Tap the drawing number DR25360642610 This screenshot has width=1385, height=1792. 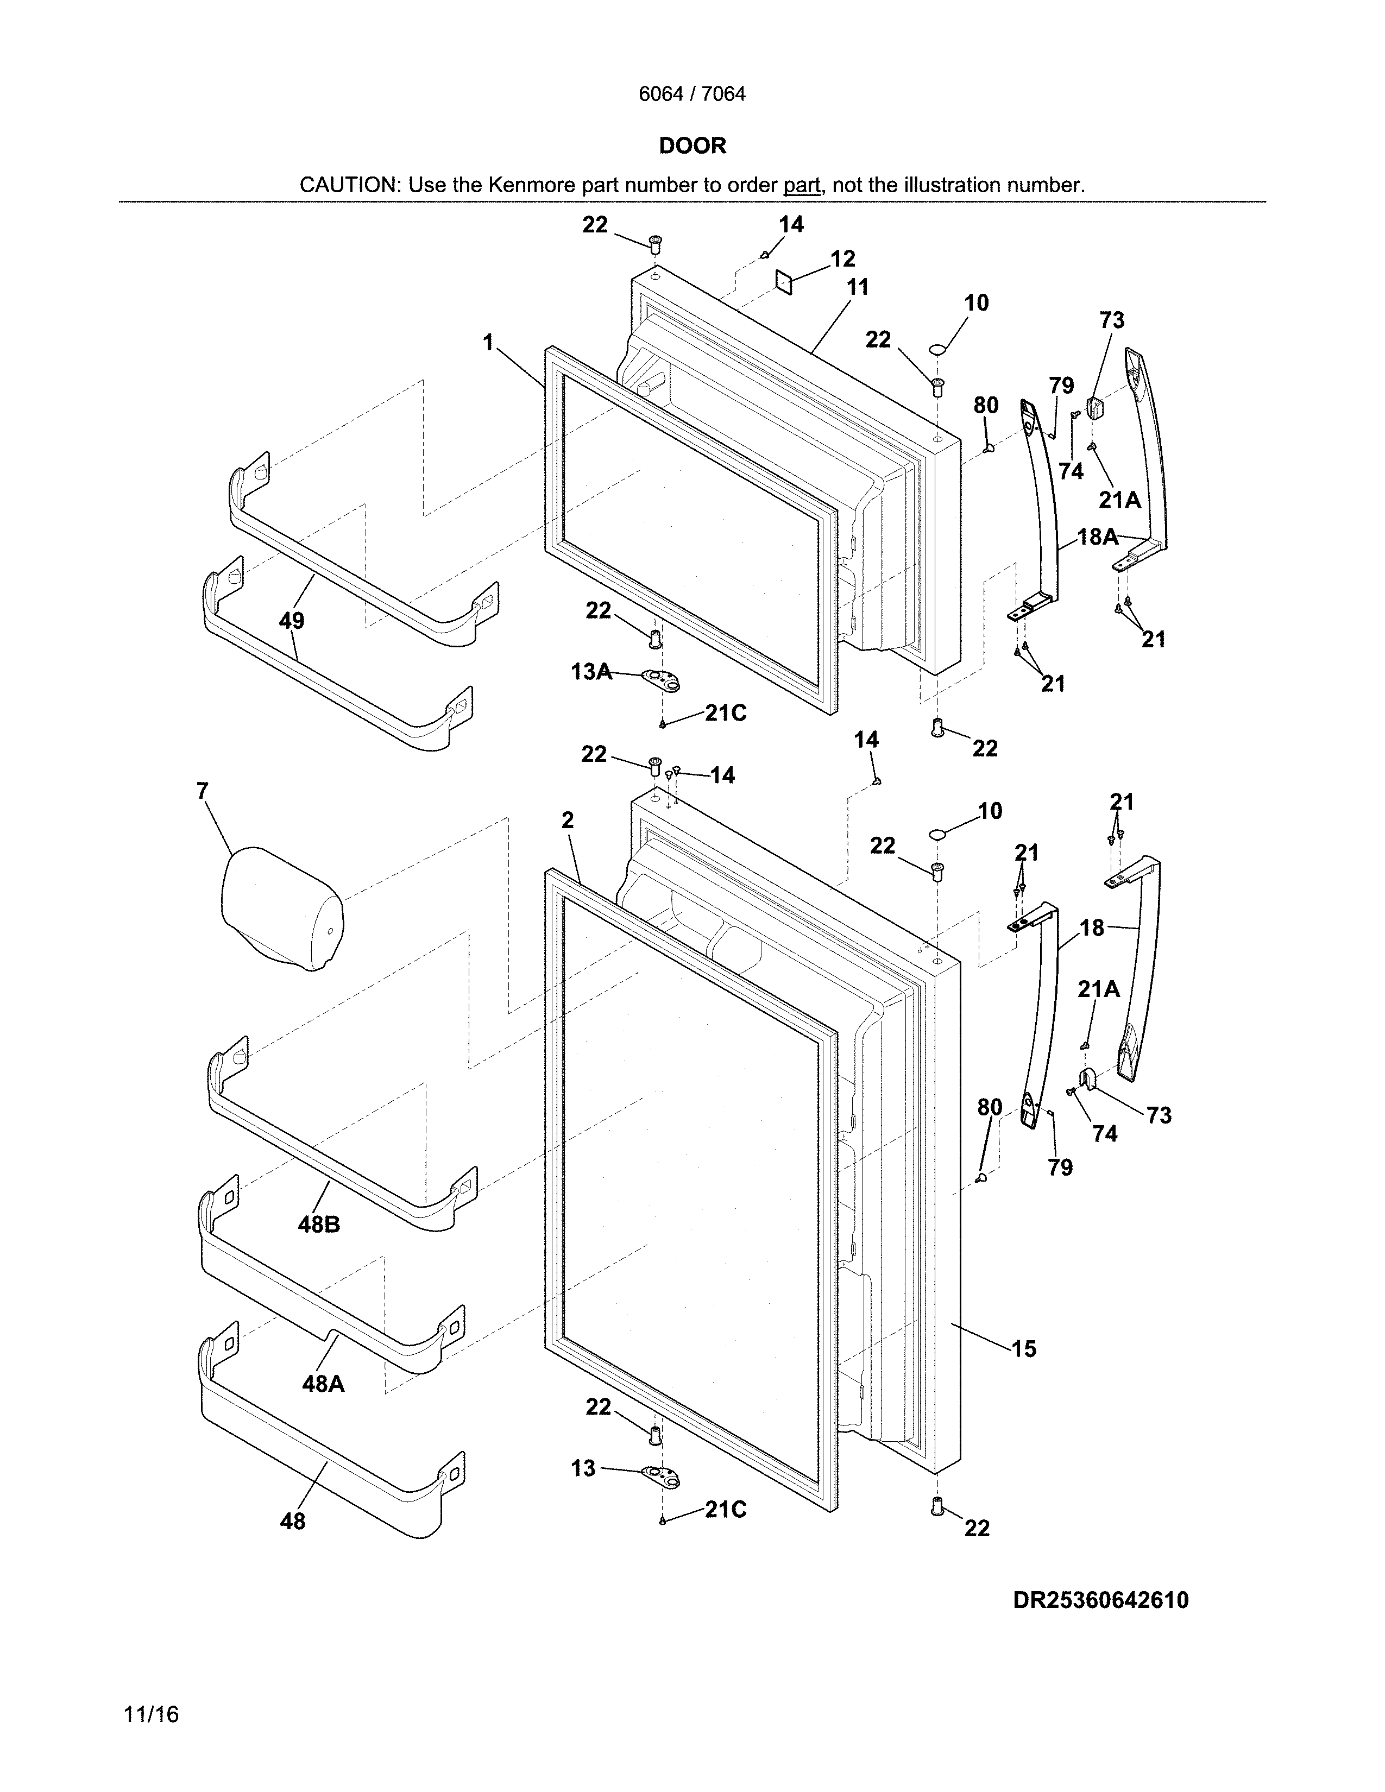point(1100,1600)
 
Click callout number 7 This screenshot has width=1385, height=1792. point(203,791)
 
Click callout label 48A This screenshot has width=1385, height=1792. point(323,1384)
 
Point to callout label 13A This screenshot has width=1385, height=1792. point(591,672)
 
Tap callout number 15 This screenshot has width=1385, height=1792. point(1023,1349)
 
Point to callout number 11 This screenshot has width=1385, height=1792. point(858,287)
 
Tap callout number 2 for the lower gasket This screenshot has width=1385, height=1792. point(567,819)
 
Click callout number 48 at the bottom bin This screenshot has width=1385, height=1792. point(292,1521)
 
